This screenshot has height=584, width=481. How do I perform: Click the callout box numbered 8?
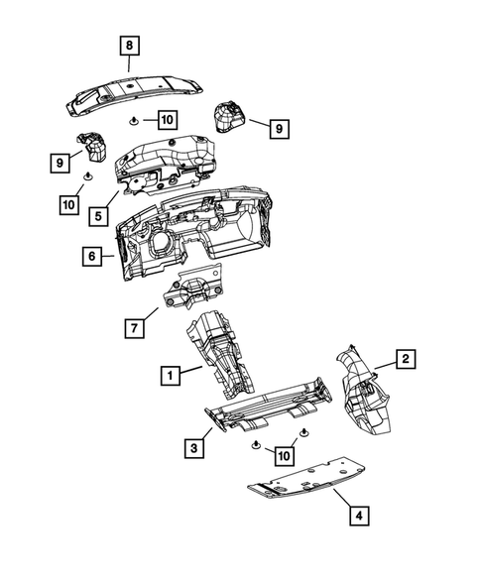[x=131, y=44]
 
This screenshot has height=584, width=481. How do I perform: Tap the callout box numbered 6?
[x=91, y=256]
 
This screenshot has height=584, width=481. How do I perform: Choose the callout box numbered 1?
[x=172, y=375]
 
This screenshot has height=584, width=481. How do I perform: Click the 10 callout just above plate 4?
[x=285, y=455]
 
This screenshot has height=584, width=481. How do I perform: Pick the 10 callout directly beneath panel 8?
[x=165, y=120]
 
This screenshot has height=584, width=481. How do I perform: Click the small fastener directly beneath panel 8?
[x=133, y=119]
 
